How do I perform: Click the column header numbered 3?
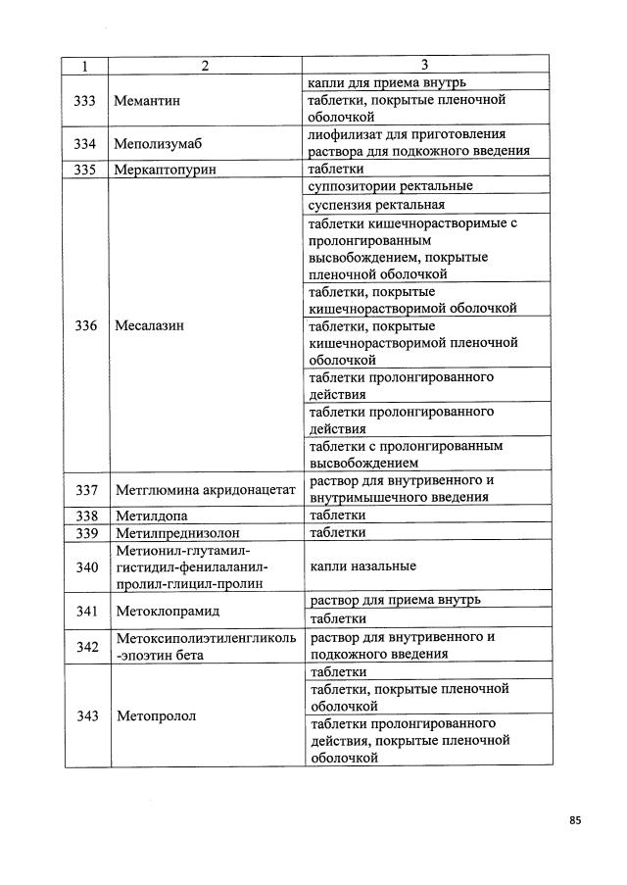424,65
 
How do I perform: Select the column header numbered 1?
85,66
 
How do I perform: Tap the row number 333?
85,100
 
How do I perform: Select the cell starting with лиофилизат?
419,142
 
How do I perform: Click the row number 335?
85,169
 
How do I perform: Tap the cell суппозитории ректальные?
391,185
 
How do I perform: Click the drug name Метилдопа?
151,515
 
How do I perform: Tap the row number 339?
85,532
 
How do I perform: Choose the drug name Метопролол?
156,715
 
